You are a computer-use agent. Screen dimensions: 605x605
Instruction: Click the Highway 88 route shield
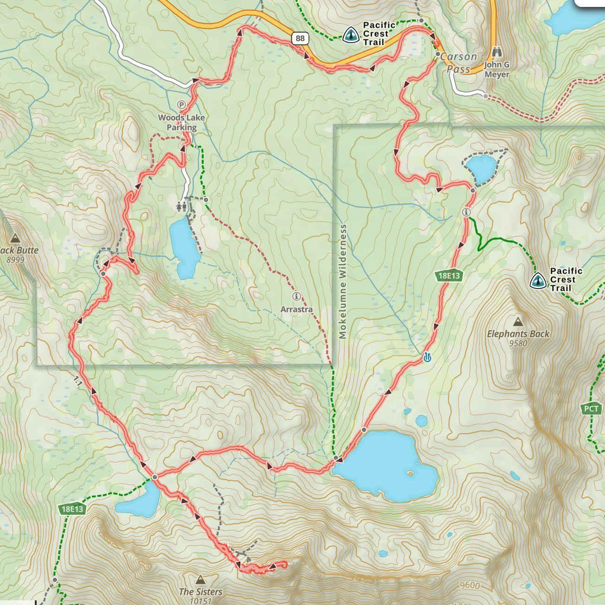pos(300,38)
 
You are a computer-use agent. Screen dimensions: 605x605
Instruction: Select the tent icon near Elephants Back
pos(537,280)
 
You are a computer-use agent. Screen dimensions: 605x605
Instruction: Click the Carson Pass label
pos(458,63)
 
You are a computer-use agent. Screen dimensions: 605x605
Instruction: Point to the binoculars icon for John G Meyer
pos(496,52)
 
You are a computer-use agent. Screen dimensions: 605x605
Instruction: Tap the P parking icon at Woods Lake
pos(181,105)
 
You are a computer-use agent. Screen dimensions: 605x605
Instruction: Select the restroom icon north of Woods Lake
pos(181,205)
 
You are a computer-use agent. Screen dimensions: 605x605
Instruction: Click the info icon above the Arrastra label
pos(296,296)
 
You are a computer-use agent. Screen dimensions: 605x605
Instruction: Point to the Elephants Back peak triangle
pos(518,322)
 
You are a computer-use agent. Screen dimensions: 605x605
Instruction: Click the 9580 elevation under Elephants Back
pos(518,344)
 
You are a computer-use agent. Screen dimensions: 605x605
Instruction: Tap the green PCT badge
pos(591,409)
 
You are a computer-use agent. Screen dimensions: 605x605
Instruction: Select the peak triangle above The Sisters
pos(200,579)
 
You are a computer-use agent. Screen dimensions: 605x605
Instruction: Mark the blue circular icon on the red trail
pos(427,357)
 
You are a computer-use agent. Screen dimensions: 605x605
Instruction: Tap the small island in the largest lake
pos(410,474)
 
